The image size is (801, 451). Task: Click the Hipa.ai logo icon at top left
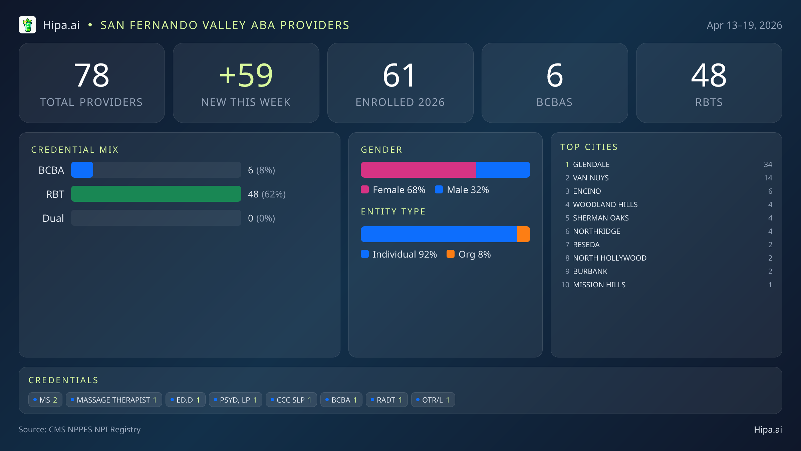(x=27, y=25)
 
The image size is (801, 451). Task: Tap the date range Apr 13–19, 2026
(x=744, y=25)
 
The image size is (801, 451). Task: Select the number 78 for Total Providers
(x=92, y=76)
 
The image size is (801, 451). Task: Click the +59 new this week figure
(x=246, y=76)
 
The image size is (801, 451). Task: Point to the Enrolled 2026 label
(x=400, y=102)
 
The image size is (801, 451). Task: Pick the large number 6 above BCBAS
(x=554, y=76)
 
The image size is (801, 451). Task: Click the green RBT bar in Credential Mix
(x=156, y=194)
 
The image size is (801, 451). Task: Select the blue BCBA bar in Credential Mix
(x=82, y=170)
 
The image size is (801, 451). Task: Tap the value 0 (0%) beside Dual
(x=261, y=218)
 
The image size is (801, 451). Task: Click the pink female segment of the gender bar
(x=418, y=170)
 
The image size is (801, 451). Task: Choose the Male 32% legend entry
(x=462, y=190)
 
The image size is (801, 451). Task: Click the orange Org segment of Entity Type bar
(x=523, y=234)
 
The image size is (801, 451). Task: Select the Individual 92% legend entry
(x=399, y=254)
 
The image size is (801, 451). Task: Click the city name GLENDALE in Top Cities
(x=591, y=164)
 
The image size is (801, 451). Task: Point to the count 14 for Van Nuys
(x=768, y=178)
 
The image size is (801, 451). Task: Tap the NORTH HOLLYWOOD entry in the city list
(x=609, y=258)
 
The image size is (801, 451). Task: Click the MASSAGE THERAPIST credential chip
(x=114, y=400)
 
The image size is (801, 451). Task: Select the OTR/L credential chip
(x=433, y=400)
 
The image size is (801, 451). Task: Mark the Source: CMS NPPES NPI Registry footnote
(x=79, y=429)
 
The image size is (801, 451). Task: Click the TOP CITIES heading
(x=589, y=147)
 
